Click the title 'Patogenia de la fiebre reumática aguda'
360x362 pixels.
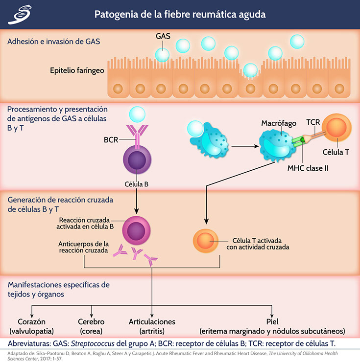point(180,14)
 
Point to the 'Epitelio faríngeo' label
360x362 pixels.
point(77,70)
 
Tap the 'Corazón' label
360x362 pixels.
point(32,322)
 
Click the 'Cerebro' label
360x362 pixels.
point(91,322)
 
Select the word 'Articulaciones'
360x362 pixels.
point(152,322)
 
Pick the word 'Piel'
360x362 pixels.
point(272,322)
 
